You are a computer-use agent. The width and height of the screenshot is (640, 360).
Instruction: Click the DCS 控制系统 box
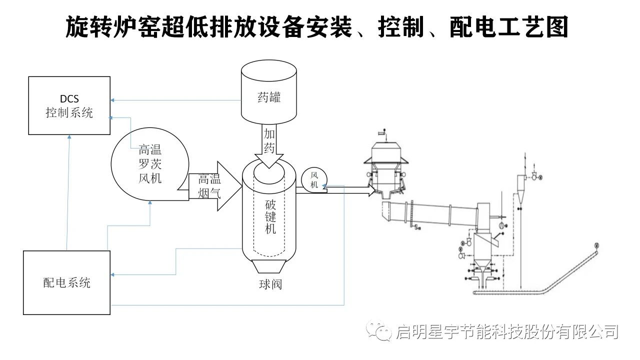(x=69, y=105)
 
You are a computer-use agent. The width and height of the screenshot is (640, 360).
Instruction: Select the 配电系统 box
(x=66, y=282)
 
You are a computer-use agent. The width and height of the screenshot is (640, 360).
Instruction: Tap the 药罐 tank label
(x=269, y=97)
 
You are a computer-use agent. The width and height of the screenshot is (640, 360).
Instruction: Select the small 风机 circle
(x=314, y=180)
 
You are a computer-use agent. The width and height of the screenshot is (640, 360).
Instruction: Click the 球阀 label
(x=270, y=284)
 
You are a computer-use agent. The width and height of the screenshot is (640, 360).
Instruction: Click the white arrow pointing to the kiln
(x=350, y=190)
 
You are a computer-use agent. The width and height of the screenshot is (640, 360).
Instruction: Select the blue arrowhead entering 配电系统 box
(x=113, y=274)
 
